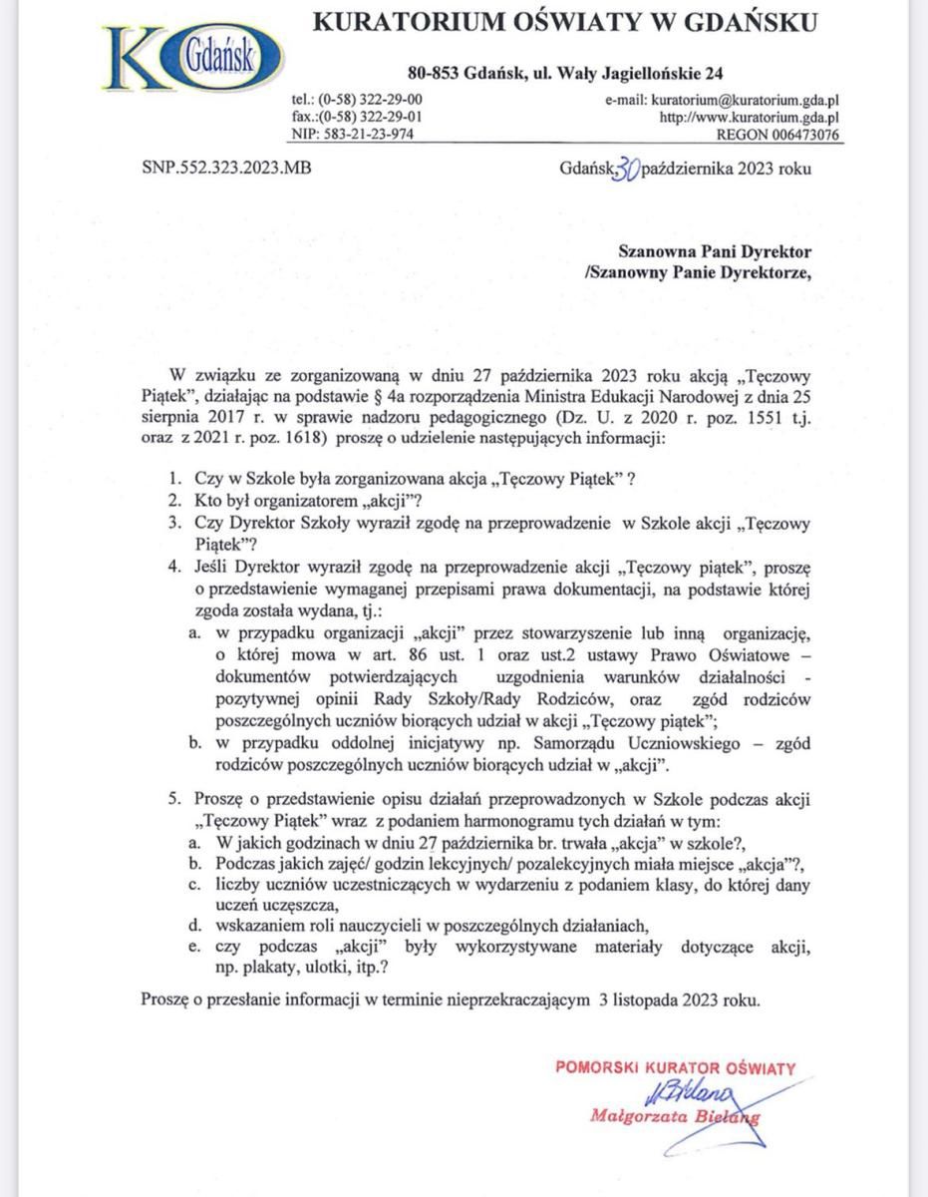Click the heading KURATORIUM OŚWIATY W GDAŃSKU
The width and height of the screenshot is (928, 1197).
(x=565, y=22)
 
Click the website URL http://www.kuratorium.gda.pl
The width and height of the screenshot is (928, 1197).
(x=749, y=117)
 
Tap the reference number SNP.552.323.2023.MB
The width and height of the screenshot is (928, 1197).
(x=227, y=168)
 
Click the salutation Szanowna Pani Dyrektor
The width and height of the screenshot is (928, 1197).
(x=716, y=253)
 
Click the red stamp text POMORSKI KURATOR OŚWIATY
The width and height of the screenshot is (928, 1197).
(x=675, y=1067)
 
